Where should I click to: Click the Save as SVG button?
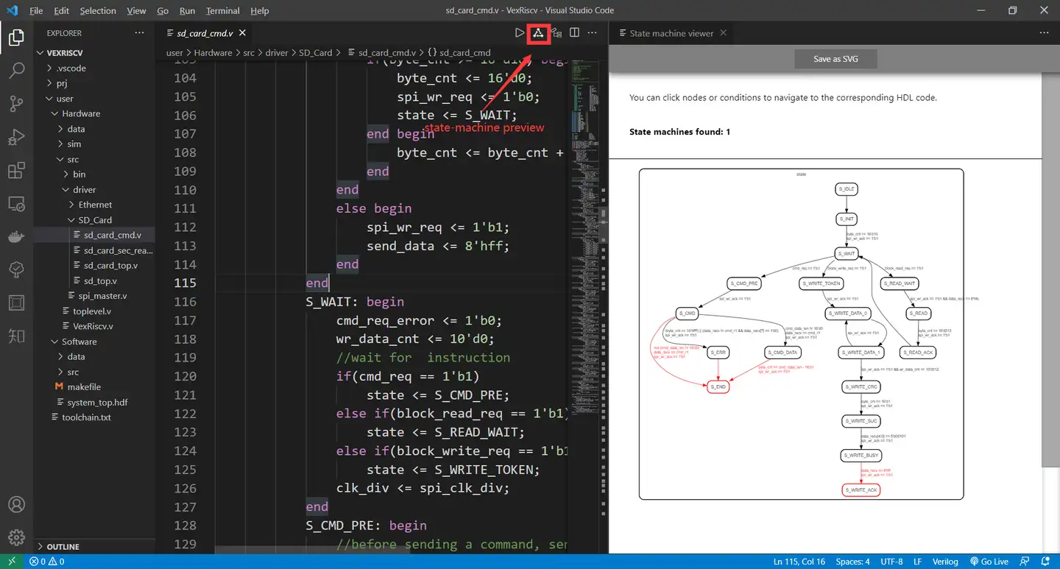tap(835, 59)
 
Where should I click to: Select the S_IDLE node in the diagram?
tap(847, 189)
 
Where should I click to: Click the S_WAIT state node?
tap(847, 254)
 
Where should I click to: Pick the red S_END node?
tap(718, 386)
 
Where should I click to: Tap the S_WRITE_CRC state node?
tap(861, 386)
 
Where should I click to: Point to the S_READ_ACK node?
tap(917, 353)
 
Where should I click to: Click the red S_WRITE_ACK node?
tap(861, 490)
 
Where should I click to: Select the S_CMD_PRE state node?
tap(743, 283)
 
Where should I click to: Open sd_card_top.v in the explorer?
tap(110, 266)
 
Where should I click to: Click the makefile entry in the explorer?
tap(84, 387)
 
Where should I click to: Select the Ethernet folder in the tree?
tap(95, 205)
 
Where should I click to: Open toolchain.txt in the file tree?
tap(86, 417)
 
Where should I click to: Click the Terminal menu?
tap(223, 11)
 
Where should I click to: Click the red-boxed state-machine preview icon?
tap(538, 33)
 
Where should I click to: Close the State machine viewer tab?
tap(724, 33)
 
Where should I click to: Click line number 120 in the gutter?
tap(185, 376)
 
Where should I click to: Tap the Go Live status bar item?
tap(989, 562)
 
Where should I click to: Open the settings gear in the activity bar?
tap(16, 537)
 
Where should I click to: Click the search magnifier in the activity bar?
tap(16, 70)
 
